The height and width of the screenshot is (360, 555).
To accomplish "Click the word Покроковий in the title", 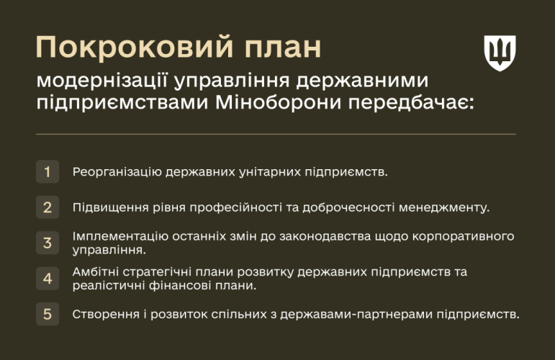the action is pos(135,47).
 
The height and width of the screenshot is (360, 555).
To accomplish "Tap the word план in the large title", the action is pos(283,48).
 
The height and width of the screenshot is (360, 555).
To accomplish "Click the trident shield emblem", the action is pos(500,53).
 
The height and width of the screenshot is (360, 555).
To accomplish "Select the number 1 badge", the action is pos(48,171).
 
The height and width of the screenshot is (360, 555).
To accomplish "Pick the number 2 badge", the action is pos(48,207).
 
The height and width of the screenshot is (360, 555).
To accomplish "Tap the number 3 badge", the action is pos(48,243).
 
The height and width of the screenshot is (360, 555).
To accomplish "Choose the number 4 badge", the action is pos(48,279).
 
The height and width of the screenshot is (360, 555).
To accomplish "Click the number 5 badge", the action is pos(48,314).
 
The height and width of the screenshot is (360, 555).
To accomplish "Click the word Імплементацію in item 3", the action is pos(120,236).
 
